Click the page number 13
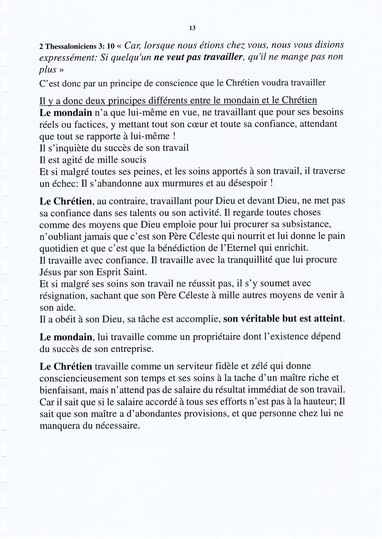(x=192, y=28)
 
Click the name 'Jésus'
(x=50, y=271)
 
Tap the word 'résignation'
(x=64, y=295)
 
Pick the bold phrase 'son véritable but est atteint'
(x=283, y=319)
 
